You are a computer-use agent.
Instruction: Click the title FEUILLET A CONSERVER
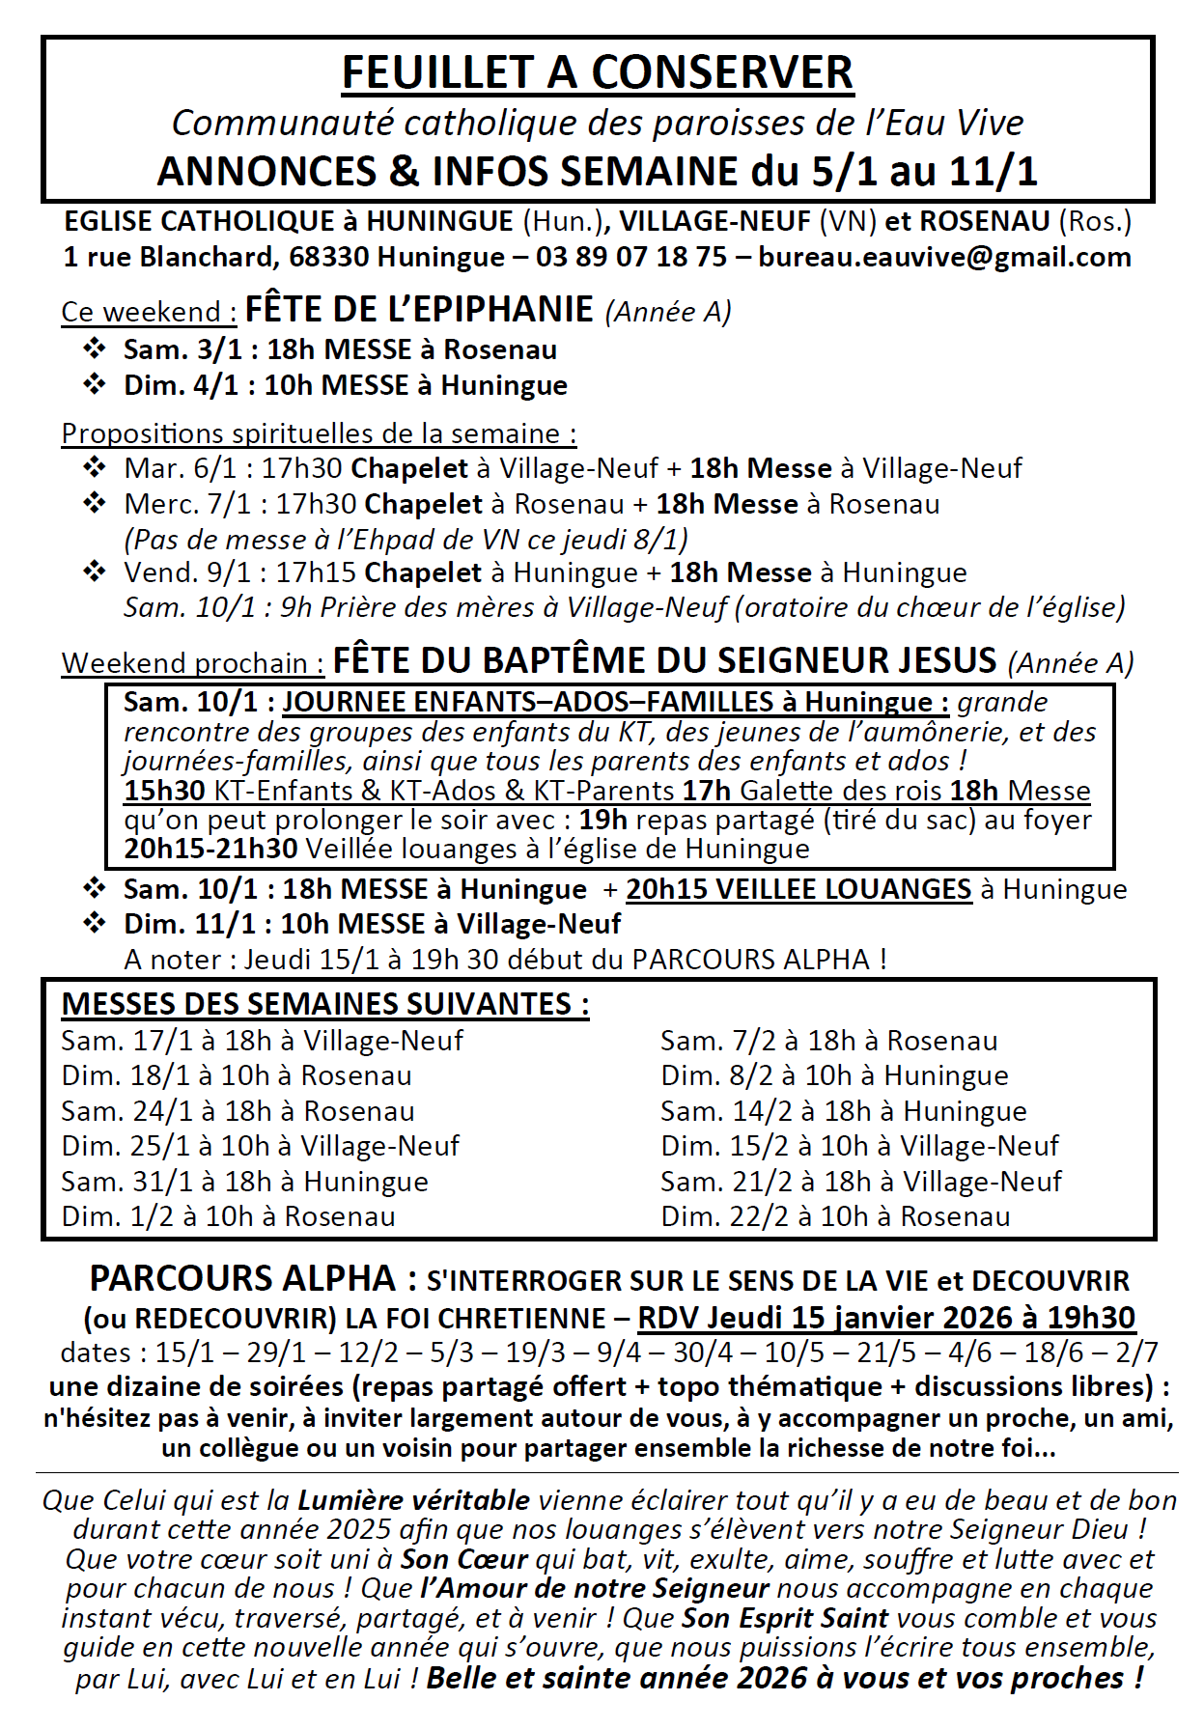point(598,73)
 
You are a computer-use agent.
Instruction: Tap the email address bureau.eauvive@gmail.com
point(944,257)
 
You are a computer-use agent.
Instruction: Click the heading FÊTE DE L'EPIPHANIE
point(419,309)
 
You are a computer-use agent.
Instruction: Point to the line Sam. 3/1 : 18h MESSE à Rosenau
point(340,349)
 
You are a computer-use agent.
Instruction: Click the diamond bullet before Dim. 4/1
point(95,384)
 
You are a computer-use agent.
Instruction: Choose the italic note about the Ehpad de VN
point(406,539)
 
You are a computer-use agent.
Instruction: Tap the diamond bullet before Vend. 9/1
point(95,572)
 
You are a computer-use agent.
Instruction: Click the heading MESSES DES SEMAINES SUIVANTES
point(324,1004)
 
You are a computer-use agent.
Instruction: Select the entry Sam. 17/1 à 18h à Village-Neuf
point(262,1041)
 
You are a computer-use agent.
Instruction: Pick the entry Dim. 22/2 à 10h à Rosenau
point(835,1216)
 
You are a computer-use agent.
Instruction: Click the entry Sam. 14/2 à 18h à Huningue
point(843,1111)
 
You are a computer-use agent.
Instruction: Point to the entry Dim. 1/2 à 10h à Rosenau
point(228,1216)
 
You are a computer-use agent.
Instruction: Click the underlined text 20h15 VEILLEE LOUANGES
point(798,889)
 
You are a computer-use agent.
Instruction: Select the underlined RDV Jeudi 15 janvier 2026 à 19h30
point(886,1318)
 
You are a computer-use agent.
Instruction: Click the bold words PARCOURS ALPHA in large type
point(242,1279)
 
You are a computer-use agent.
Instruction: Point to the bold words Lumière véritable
point(413,1500)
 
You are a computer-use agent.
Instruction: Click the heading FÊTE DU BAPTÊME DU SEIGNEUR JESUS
point(664,660)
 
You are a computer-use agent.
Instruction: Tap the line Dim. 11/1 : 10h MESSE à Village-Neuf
point(372,924)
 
